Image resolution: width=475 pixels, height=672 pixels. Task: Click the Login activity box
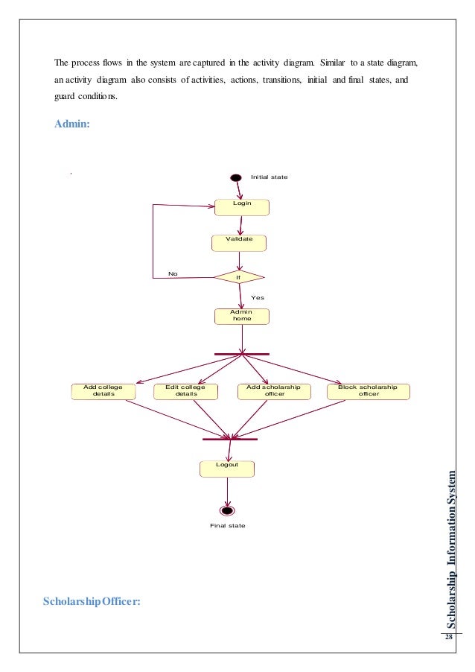242,206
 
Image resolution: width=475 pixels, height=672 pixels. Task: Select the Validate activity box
239,243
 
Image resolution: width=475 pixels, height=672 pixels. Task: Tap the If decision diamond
238,277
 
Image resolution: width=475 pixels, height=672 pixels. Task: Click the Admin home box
241,316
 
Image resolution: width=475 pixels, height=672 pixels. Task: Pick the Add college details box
103,392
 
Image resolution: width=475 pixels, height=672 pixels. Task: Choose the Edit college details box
186,392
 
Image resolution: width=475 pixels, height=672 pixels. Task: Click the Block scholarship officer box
369,392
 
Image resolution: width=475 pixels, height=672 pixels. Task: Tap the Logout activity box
227,468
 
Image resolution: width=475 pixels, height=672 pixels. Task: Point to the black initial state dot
236,177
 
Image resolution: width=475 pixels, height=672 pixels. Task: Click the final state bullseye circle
227,510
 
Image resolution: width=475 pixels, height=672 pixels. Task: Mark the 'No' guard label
173,273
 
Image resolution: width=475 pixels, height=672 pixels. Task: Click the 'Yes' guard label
257,297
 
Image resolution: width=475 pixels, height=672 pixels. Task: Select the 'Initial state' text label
269,177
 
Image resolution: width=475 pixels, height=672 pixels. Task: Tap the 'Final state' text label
227,526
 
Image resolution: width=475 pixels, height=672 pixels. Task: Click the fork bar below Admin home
242,354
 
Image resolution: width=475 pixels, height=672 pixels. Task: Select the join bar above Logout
229,439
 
